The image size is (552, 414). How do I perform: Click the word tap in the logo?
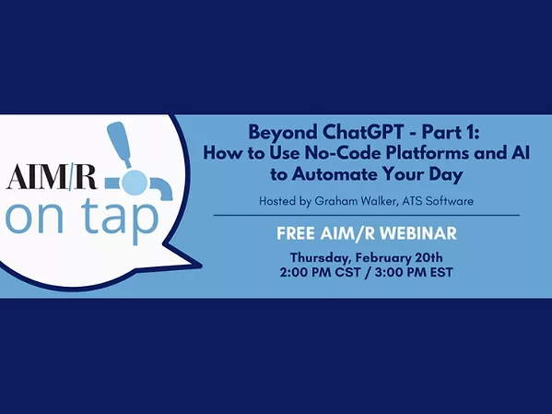[x=120, y=219]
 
